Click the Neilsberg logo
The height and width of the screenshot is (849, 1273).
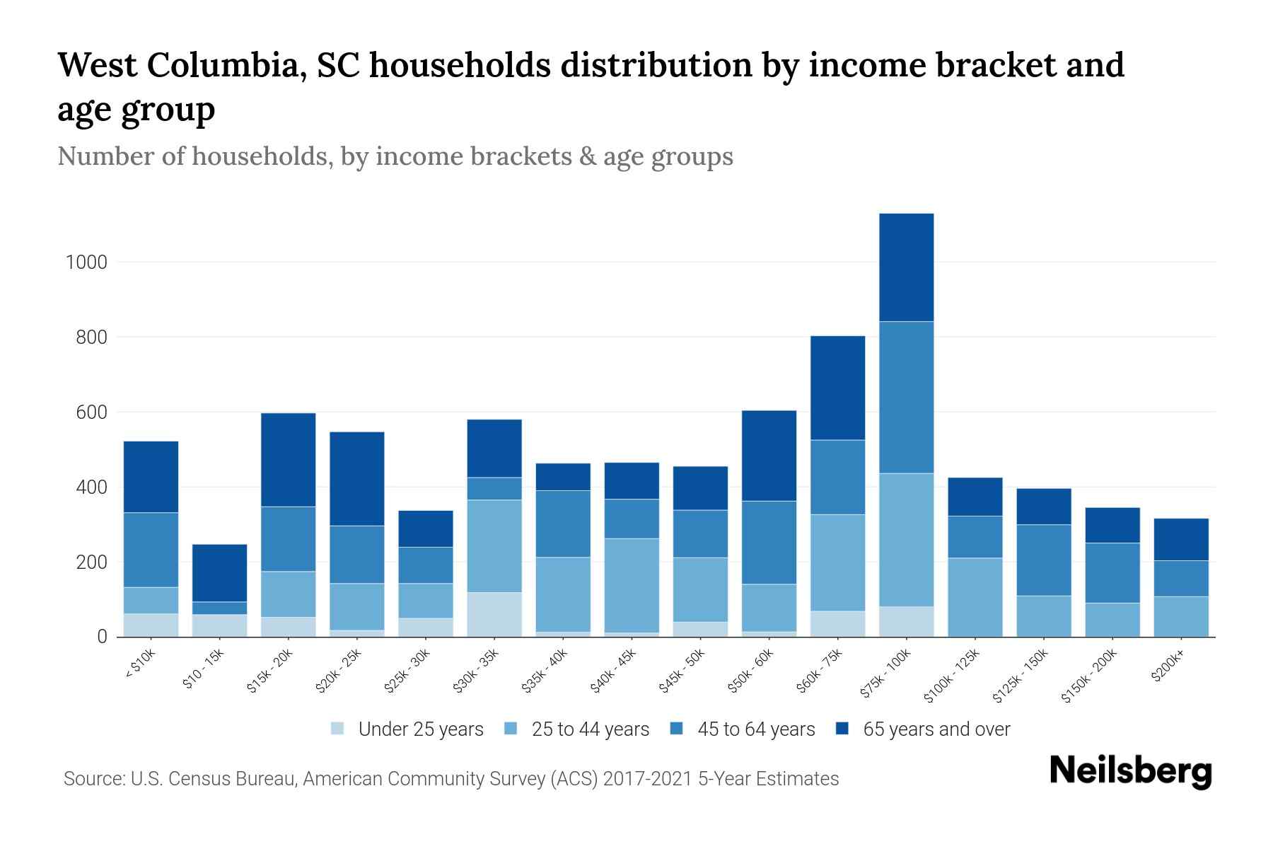[1131, 771]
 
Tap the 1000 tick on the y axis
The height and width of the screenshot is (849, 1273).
[86, 262]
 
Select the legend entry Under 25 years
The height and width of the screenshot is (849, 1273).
[420, 729]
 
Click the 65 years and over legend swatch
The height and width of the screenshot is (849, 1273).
[842, 729]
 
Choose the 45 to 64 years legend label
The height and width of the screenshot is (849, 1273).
[756, 729]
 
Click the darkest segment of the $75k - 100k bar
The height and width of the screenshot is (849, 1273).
[907, 267]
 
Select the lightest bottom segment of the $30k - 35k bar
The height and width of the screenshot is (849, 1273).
[494, 614]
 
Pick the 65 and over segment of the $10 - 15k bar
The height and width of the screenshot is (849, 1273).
[219, 572]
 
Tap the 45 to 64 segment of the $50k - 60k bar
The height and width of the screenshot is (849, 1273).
[769, 542]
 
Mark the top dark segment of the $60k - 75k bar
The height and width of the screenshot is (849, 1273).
[837, 388]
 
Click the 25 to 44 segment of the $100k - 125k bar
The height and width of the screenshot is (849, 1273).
[975, 597]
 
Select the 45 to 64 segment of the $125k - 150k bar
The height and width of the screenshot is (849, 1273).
[1043, 560]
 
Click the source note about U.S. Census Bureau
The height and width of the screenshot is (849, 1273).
[451, 779]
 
